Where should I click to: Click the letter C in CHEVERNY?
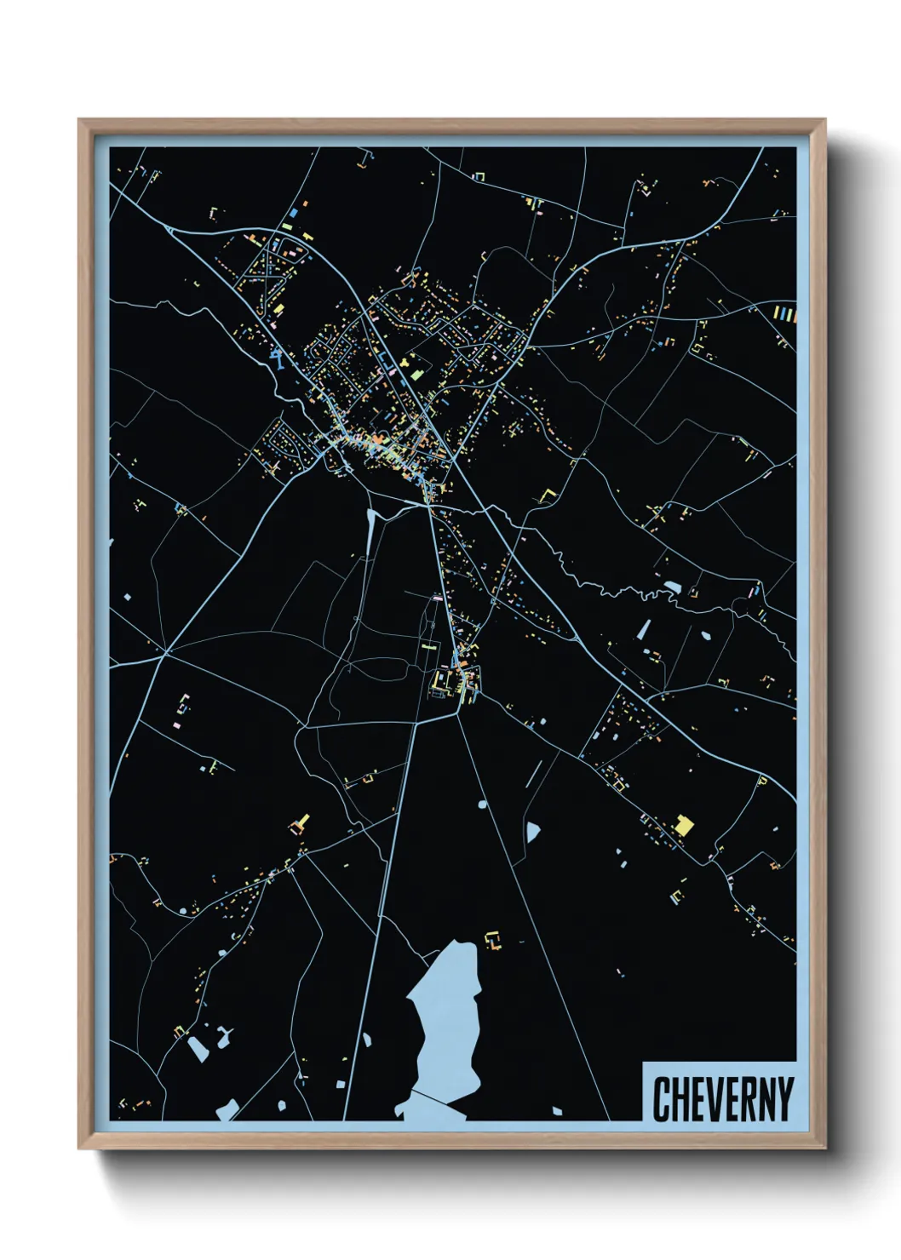(661, 1099)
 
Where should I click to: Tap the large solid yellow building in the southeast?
(683, 825)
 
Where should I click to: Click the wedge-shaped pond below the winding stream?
(644, 630)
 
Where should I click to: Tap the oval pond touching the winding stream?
(673, 587)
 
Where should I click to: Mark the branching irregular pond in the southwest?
(223, 1036)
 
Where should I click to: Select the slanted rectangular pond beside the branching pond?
(198, 1048)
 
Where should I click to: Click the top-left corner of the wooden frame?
(79, 120)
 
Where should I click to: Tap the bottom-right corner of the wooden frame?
(825, 1148)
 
